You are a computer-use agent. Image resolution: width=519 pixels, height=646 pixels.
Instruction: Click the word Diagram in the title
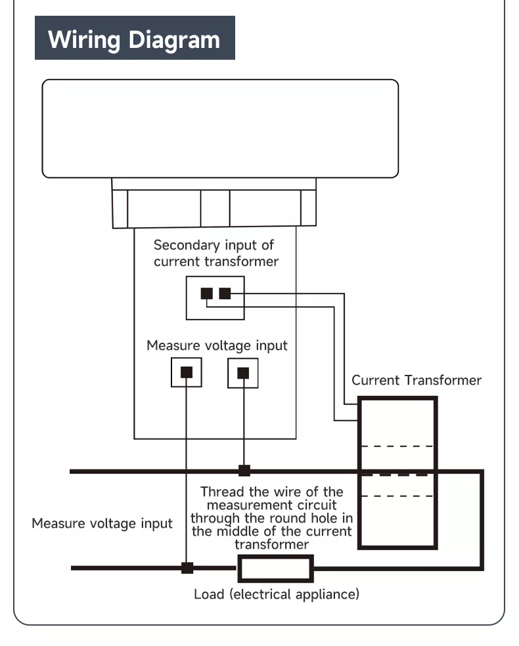(173, 39)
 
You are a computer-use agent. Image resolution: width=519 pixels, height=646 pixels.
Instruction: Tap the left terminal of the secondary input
(206, 293)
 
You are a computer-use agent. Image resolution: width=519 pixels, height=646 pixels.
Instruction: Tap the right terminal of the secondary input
(225, 293)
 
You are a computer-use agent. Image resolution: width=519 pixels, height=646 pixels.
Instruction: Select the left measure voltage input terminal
(187, 372)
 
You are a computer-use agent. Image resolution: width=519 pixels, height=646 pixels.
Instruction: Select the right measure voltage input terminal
(243, 372)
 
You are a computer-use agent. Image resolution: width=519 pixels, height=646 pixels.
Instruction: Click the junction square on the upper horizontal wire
(244, 470)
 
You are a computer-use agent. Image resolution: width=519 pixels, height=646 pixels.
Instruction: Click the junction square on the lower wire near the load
(187, 568)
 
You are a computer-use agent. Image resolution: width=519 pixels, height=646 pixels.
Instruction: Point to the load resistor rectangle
(275, 569)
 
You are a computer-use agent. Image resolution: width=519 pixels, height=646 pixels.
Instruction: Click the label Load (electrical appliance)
(277, 595)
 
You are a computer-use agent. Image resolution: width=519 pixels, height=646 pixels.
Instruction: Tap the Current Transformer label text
(417, 380)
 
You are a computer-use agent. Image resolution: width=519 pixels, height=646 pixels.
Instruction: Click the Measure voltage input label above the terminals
(217, 345)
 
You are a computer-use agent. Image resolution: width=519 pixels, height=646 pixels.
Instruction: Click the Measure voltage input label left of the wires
(102, 523)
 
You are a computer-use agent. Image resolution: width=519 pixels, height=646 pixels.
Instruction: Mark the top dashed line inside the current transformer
(397, 446)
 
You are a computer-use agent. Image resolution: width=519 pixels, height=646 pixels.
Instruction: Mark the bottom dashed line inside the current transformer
(397, 496)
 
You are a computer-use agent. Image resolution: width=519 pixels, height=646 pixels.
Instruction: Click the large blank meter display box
(220, 129)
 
